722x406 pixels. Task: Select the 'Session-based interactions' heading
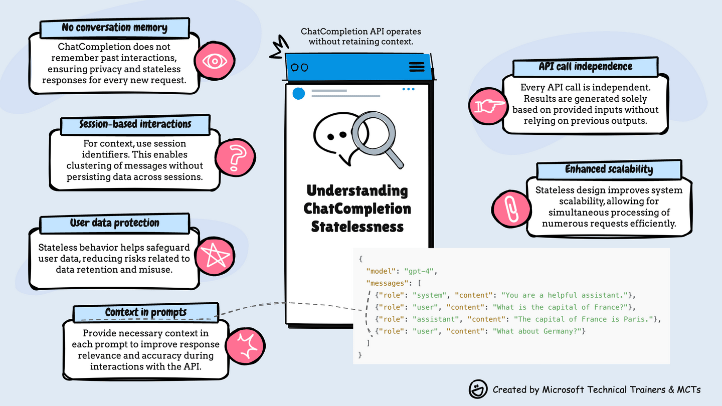pyautogui.click(x=135, y=123)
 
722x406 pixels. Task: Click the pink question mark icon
pyautogui.click(x=235, y=157)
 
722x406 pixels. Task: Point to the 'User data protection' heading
pyautogui.click(x=115, y=223)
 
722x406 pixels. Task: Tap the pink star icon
pyautogui.click(x=214, y=256)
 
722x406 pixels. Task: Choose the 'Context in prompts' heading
pyautogui.click(x=146, y=312)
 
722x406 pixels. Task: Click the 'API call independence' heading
pyautogui.click(x=586, y=67)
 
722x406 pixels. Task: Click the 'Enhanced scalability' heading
pyautogui.click(x=609, y=169)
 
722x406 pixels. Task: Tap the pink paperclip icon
pyautogui.click(x=510, y=208)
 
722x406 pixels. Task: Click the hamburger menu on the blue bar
pyautogui.click(x=417, y=67)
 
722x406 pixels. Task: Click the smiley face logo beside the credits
pyautogui.click(x=478, y=389)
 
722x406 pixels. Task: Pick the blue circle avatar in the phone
pyautogui.click(x=299, y=93)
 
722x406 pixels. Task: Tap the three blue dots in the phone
pyautogui.click(x=408, y=89)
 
